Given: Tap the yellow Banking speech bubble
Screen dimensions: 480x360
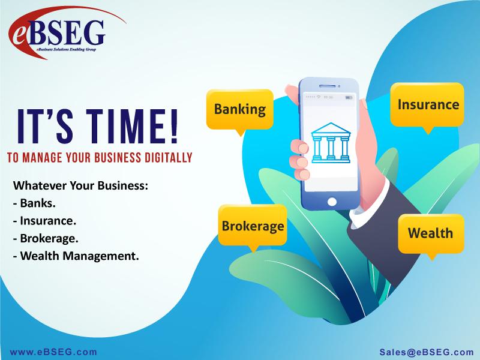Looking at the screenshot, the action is (x=240, y=111).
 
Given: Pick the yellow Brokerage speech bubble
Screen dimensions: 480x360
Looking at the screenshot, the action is (x=253, y=227).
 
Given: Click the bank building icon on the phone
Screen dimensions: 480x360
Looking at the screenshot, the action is (x=331, y=143).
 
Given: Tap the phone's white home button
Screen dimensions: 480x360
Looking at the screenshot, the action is (x=332, y=202).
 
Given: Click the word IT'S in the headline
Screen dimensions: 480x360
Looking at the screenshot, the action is (x=45, y=126).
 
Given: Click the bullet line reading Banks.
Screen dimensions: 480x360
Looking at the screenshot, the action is (x=34, y=203).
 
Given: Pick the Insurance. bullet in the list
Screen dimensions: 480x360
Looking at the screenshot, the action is (x=44, y=221).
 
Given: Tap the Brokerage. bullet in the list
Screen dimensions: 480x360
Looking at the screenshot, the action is (x=46, y=238).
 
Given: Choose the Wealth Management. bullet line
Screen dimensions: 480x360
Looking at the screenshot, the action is (x=76, y=256).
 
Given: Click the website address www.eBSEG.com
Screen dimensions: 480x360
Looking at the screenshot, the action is (x=53, y=352).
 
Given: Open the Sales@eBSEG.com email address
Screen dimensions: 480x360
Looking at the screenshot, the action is (x=427, y=352).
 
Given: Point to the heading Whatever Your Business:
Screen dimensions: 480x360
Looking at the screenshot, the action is (x=80, y=185).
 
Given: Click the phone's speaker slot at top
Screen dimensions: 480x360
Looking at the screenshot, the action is (x=329, y=86).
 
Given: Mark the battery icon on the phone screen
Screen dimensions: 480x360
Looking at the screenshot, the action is (x=349, y=97).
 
